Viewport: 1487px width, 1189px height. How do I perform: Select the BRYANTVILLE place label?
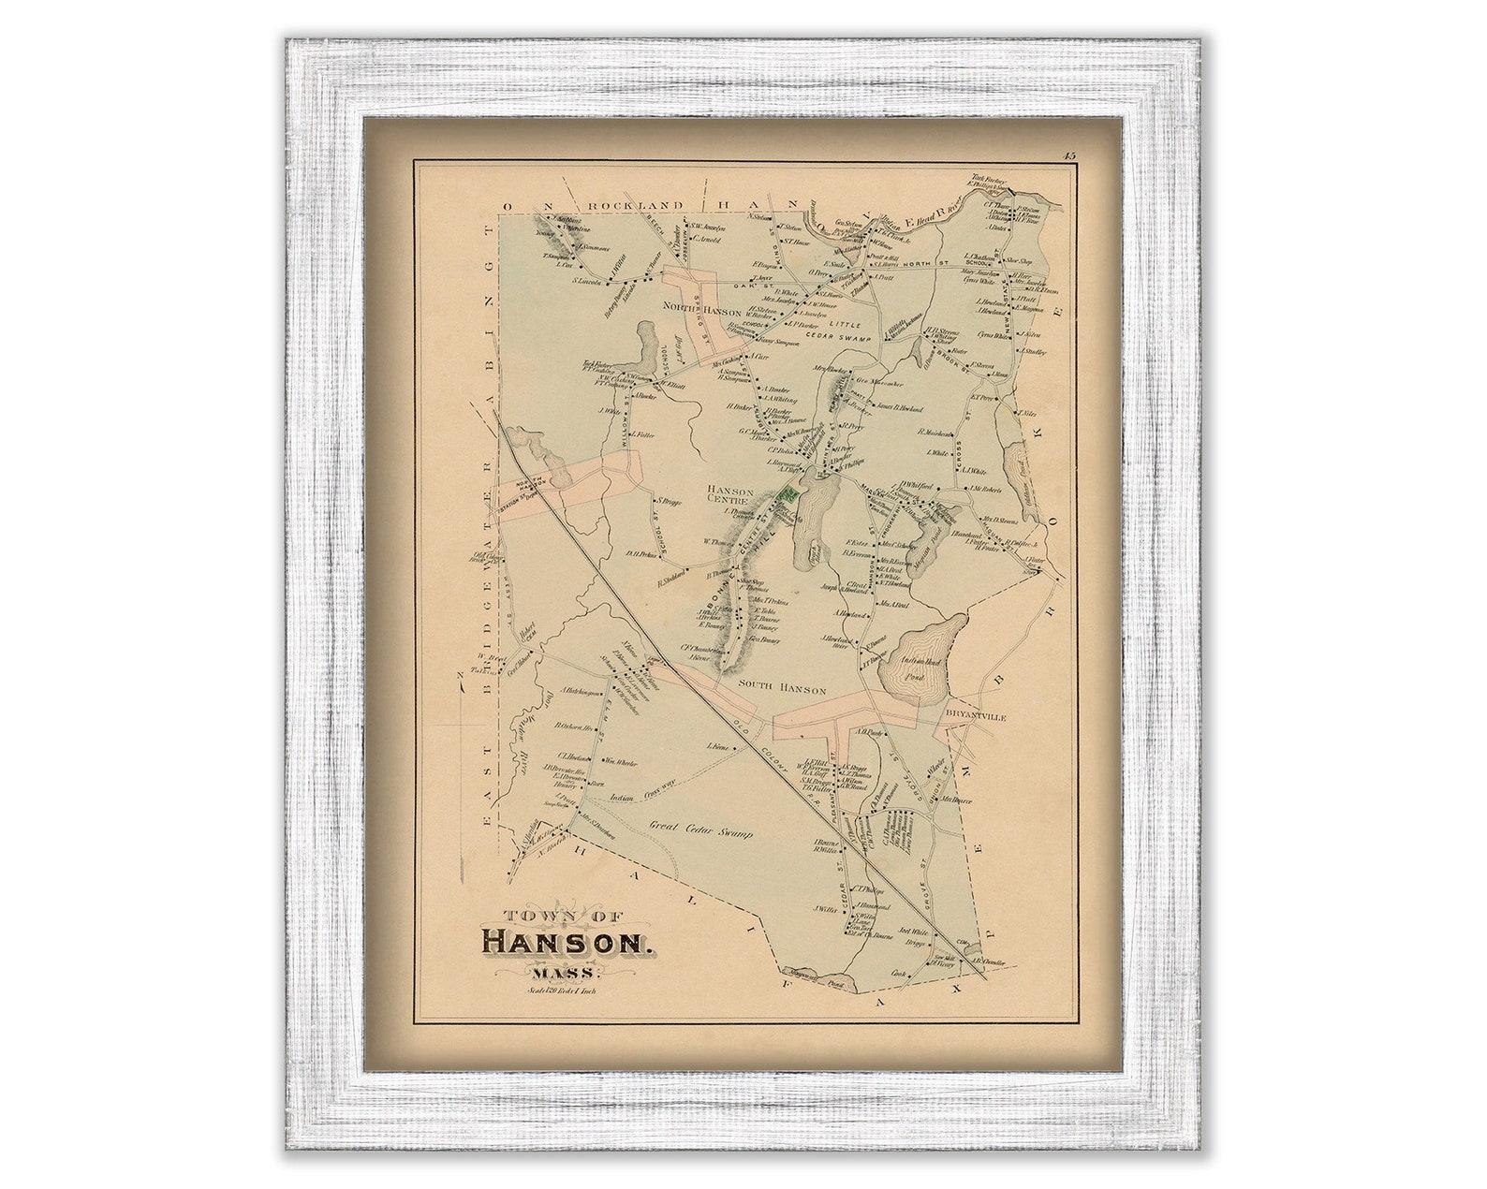[975, 716]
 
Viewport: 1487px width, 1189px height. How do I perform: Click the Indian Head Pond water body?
[922, 655]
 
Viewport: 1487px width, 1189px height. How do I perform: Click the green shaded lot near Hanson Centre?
[788, 492]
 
